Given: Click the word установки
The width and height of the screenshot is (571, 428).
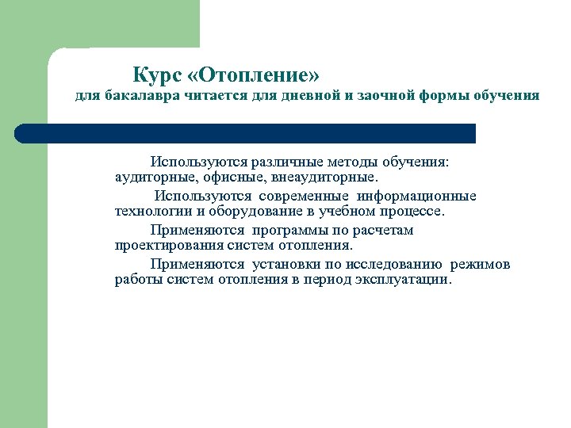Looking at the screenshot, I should point(287,265).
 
